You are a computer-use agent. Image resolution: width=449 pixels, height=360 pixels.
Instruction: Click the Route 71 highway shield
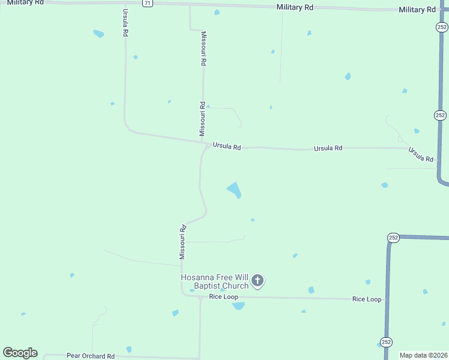pyautogui.click(x=148, y=3)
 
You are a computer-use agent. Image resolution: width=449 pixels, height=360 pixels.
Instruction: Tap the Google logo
pyautogui.click(x=20, y=353)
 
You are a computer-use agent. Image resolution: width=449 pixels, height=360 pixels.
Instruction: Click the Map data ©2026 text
pyautogui.click(x=424, y=355)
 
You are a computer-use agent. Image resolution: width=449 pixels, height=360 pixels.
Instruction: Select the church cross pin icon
pyautogui.click(x=258, y=280)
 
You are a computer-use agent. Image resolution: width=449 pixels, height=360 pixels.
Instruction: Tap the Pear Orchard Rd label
pyautogui.click(x=91, y=356)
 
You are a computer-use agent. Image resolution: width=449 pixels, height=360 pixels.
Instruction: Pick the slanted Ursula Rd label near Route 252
pyautogui.click(x=421, y=154)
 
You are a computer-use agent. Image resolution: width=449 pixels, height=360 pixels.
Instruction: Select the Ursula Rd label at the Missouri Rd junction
pyautogui.click(x=226, y=146)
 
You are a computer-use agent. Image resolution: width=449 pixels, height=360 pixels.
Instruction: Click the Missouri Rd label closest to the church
pyautogui.click(x=182, y=242)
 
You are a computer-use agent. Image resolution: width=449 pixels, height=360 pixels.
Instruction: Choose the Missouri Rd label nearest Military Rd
pyautogui.click(x=204, y=48)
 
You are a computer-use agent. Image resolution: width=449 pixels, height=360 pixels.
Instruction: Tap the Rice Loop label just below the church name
pyautogui.click(x=224, y=297)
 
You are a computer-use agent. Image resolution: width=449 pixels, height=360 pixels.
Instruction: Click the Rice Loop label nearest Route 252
pyautogui.click(x=367, y=299)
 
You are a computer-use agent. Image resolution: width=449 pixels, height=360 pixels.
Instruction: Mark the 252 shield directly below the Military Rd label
pyautogui.click(x=441, y=27)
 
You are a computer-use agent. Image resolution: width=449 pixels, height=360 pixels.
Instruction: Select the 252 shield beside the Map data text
pyautogui.click(x=386, y=341)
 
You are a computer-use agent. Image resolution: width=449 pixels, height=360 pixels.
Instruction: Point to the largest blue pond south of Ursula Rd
pyautogui.click(x=234, y=190)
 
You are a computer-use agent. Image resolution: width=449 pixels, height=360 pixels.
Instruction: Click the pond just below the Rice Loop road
pyautogui.click(x=238, y=305)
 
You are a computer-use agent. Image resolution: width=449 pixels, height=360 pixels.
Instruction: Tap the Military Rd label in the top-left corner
pyautogui.click(x=25, y=2)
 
